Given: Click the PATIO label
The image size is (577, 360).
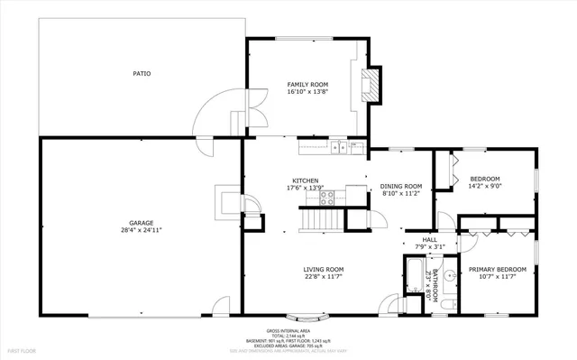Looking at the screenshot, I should coord(142,73).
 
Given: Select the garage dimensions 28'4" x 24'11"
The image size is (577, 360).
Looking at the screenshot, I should coord(142,230).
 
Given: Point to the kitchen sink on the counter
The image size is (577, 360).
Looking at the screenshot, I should coord(338,147).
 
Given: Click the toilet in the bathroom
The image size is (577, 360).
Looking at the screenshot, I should coord(448,303).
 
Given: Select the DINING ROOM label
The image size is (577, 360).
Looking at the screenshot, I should coord(401,184).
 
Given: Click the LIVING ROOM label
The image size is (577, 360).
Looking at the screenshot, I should coord(322,269).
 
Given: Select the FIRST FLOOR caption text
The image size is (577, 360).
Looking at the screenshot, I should coord(23,348).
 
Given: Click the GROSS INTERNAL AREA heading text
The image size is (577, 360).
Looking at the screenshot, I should coord(288,330).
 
